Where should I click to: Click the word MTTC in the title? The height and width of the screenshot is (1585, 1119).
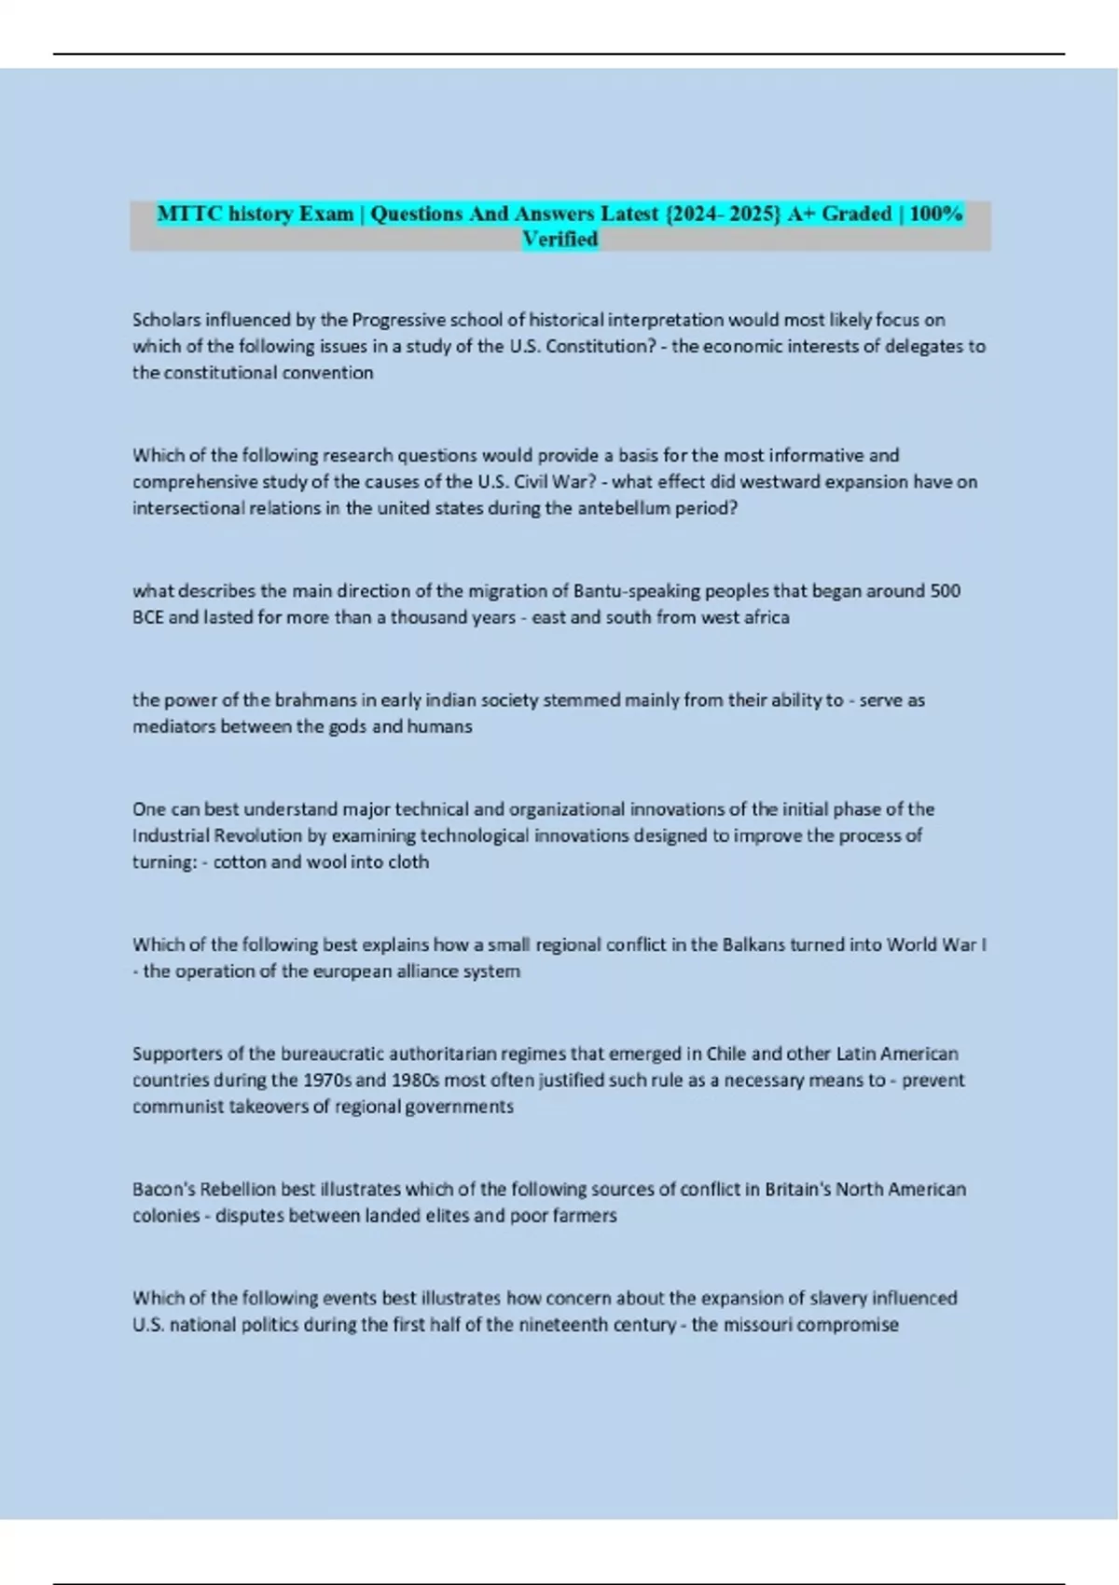(x=189, y=214)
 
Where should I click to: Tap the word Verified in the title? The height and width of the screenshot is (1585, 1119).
(x=559, y=240)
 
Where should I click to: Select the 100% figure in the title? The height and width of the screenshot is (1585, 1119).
(x=935, y=214)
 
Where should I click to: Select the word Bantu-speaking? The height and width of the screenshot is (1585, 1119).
(x=633, y=590)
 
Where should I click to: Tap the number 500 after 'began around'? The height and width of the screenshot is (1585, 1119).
(x=945, y=590)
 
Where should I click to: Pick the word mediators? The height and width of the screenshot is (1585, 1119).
(x=174, y=725)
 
